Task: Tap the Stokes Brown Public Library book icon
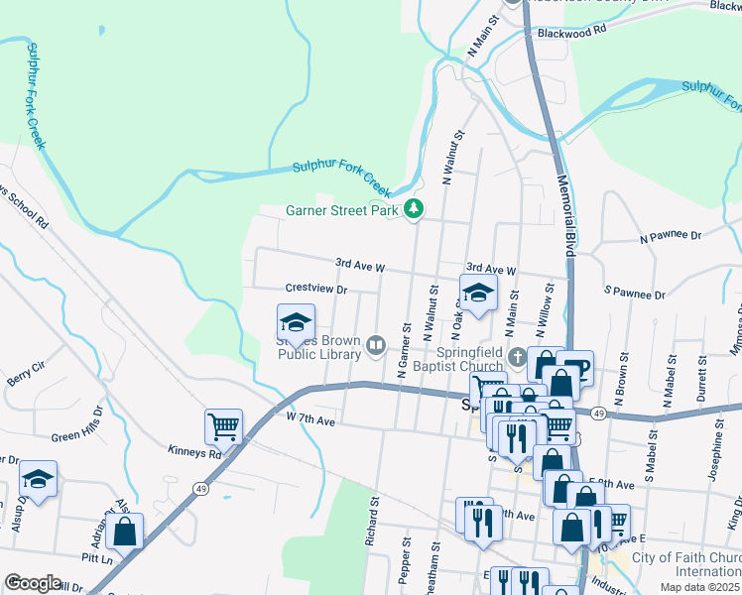pos(376,345)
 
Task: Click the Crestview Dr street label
pos(315,289)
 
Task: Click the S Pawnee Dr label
pos(634,294)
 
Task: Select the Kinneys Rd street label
pos(194,452)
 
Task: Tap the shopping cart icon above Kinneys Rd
pos(223,427)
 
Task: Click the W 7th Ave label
pos(311,419)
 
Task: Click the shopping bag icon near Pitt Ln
pos(124,532)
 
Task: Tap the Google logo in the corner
pos(33,583)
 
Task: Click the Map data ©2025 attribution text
pos(699,587)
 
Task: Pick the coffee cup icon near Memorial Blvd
pos(575,368)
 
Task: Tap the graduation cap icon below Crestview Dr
pos(296,322)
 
